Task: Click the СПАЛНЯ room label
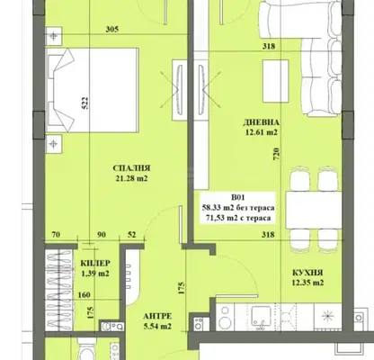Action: (131, 168)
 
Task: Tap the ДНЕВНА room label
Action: (262, 122)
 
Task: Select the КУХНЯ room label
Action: (307, 273)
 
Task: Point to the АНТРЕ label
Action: (157, 316)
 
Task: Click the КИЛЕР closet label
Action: (95, 263)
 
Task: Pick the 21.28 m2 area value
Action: (131, 179)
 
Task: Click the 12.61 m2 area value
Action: (262, 132)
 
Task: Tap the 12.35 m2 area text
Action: (307, 283)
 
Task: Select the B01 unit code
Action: (238, 197)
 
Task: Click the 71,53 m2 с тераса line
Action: (238, 218)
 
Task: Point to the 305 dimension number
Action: (112, 29)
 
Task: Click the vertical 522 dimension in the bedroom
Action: (85, 103)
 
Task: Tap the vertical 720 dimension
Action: (277, 153)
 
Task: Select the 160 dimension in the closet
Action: (84, 295)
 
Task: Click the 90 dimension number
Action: (102, 234)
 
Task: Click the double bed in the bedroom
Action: (92, 90)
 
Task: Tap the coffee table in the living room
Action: (275, 81)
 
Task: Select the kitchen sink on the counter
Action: (260, 317)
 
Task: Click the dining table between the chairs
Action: (314, 210)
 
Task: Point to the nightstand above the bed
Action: (54, 36)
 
